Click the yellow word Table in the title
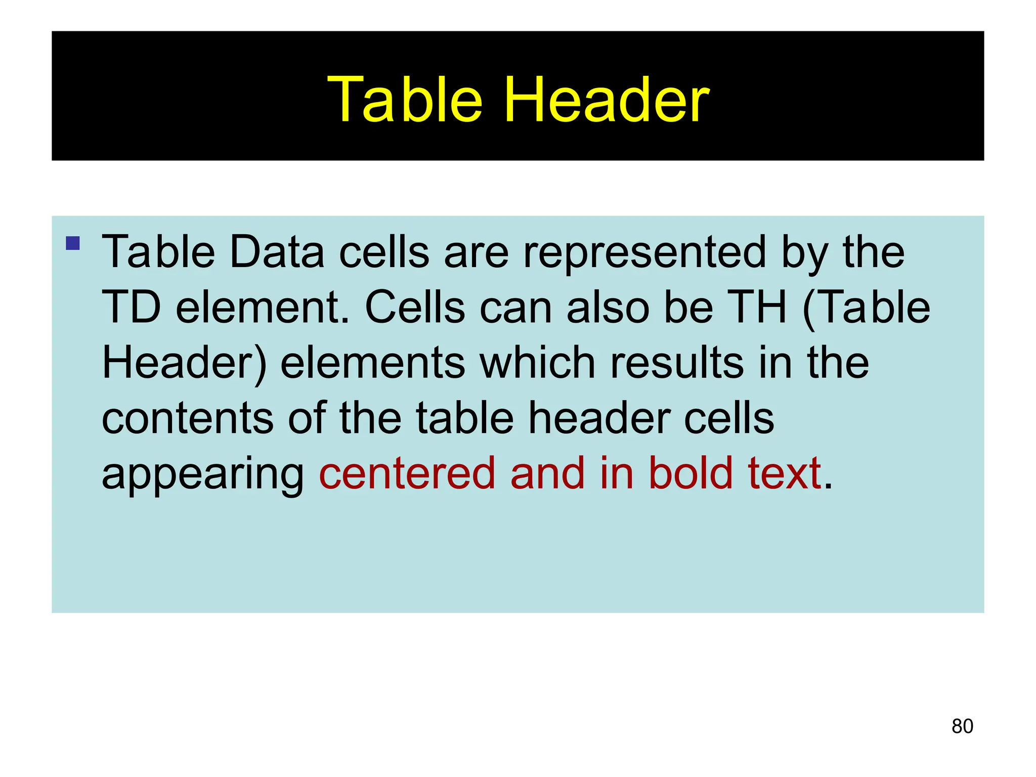(x=405, y=100)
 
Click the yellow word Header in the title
(x=607, y=100)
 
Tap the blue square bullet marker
(x=73, y=243)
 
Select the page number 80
(x=962, y=726)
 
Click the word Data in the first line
(x=276, y=252)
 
